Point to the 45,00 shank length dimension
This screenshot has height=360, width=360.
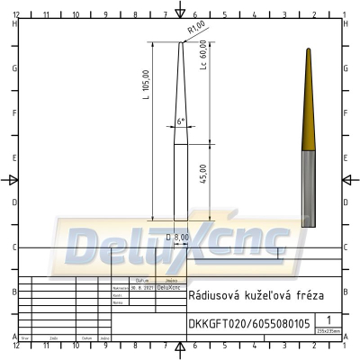click(x=203, y=174)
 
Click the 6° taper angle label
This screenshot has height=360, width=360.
click(x=180, y=121)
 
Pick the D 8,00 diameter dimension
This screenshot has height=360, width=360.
click(x=178, y=237)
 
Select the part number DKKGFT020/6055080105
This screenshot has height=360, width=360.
click(x=248, y=323)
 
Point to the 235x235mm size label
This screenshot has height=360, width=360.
click(x=329, y=330)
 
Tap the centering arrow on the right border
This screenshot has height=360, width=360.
click(x=346, y=180)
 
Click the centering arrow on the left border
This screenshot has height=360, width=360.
click(x=13, y=180)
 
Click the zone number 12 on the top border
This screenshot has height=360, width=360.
click(x=17, y=15)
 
